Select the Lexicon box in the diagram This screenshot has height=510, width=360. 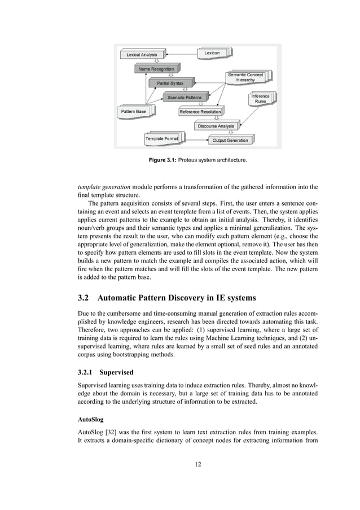pyautogui.click(x=213, y=53)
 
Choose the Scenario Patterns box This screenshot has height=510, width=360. pyautogui.click(x=181, y=98)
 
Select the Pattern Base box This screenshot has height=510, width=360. pyautogui.click(x=133, y=112)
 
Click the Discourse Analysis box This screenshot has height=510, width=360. pyautogui.click(x=216, y=126)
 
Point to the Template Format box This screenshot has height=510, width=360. pyautogui.click(x=162, y=138)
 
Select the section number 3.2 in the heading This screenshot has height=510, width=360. pyautogui.click(x=85, y=298)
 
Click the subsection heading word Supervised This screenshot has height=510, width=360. pyautogui.click(x=119, y=373)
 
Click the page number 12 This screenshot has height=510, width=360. pyautogui.click(x=197, y=464)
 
